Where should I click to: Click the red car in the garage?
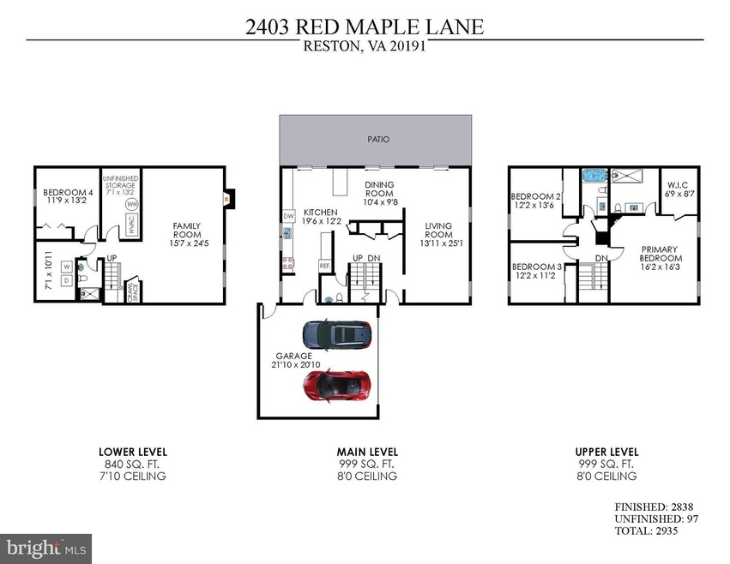[x=337, y=386]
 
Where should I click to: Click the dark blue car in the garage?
[x=336, y=333]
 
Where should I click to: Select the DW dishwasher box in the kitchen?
[x=289, y=215]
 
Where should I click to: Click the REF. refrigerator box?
[x=325, y=267]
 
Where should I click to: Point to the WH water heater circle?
[x=131, y=205]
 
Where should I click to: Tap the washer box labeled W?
[x=65, y=267]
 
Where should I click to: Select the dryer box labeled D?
[x=65, y=280]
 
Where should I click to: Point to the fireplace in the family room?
[x=226, y=198]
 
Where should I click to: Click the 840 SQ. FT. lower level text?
[x=132, y=464]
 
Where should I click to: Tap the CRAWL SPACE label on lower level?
[x=133, y=293]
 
